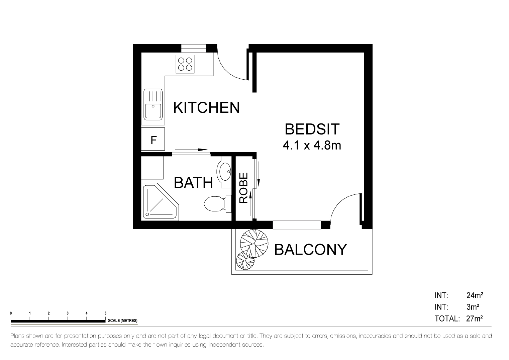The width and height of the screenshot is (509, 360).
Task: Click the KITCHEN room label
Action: [206, 107]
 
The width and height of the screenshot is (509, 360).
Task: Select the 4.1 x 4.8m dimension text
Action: [312, 145]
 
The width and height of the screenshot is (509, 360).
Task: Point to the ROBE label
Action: [243, 188]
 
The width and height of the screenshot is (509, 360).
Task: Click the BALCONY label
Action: [310, 250]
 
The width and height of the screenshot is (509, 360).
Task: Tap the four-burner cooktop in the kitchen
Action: [185, 64]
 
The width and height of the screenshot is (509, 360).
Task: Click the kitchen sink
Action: [153, 104]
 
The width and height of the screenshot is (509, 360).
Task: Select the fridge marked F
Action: [153, 139]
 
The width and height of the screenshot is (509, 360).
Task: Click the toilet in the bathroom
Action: [217, 204]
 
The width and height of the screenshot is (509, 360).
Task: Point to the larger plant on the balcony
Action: [254, 243]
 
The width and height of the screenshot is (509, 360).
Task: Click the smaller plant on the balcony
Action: [245, 261]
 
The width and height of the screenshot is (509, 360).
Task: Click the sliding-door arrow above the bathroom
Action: [191, 150]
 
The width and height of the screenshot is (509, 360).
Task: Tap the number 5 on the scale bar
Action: [105, 313]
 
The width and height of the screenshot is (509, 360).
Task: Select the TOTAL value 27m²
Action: [474, 319]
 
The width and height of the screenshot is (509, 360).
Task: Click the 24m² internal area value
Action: [475, 295]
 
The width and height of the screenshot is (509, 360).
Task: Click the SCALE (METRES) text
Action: [122, 321]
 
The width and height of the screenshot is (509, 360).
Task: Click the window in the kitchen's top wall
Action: [193, 49]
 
